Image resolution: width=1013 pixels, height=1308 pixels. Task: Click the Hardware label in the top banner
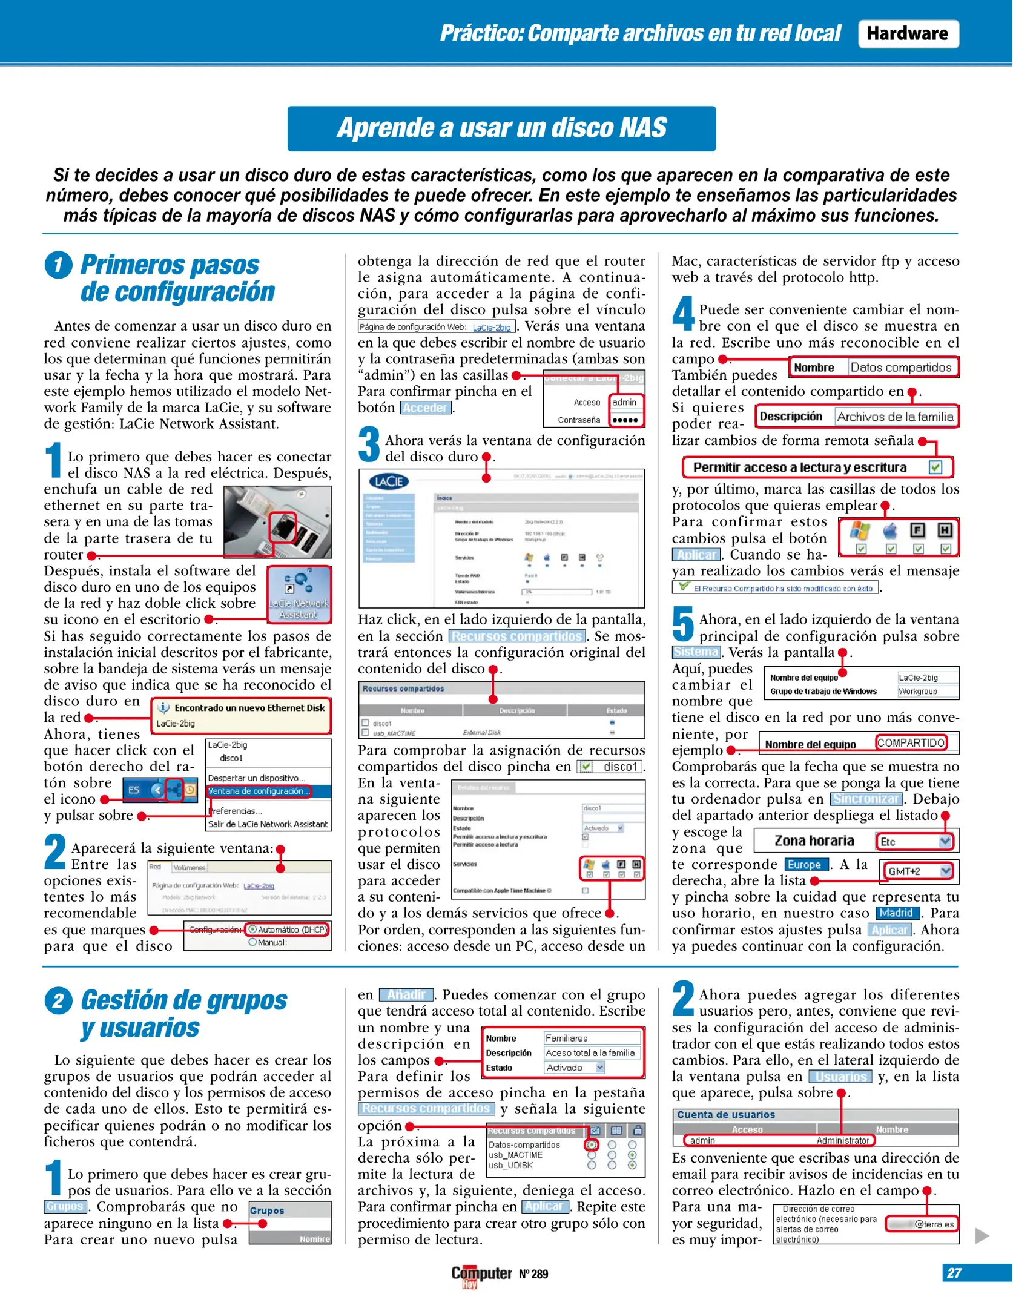(907, 33)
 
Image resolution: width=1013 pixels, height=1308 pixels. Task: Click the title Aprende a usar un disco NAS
(501, 128)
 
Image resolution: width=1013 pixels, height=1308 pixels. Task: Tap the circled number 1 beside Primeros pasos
(58, 265)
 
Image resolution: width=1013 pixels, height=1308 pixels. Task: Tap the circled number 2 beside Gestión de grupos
(58, 1000)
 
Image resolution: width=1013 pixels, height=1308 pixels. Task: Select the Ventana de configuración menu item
(259, 791)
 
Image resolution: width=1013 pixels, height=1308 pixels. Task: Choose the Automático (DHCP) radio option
(288, 930)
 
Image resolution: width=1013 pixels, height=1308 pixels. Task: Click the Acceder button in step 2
(426, 408)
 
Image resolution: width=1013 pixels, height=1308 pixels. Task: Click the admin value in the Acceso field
(624, 402)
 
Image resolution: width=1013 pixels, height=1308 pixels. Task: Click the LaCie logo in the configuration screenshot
(389, 481)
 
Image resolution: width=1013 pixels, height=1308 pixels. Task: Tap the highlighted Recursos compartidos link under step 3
(516, 636)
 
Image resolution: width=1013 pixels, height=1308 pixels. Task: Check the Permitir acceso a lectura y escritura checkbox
(935, 467)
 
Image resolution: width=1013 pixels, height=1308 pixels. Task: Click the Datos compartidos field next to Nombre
(900, 368)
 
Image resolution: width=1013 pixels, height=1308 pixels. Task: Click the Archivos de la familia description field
(895, 417)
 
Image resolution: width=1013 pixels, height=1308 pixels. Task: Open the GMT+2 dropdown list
(945, 871)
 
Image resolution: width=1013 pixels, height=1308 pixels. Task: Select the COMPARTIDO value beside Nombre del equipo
(911, 743)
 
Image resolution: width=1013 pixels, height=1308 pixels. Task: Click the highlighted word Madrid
(896, 913)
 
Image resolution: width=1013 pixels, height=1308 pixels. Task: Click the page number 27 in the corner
(954, 1273)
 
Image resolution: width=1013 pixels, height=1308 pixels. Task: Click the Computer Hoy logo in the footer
(481, 1275)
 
